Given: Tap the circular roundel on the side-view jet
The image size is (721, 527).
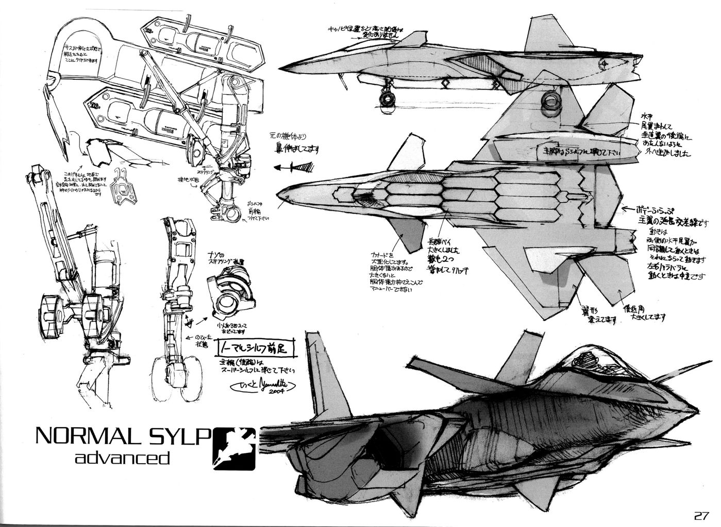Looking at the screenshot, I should (x=605, y=65).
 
